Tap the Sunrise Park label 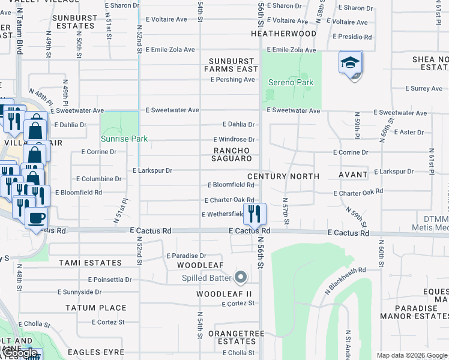(124, 139)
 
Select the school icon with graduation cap (350, 62)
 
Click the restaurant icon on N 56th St (255, 213)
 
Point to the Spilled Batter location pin (241, 277)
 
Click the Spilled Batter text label (208, 278)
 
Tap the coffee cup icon (36, 218)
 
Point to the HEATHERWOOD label (283, 34)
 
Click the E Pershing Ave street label (232, 80)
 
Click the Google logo (20, 353)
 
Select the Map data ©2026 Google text (411, 355)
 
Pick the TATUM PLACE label (97, 308)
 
